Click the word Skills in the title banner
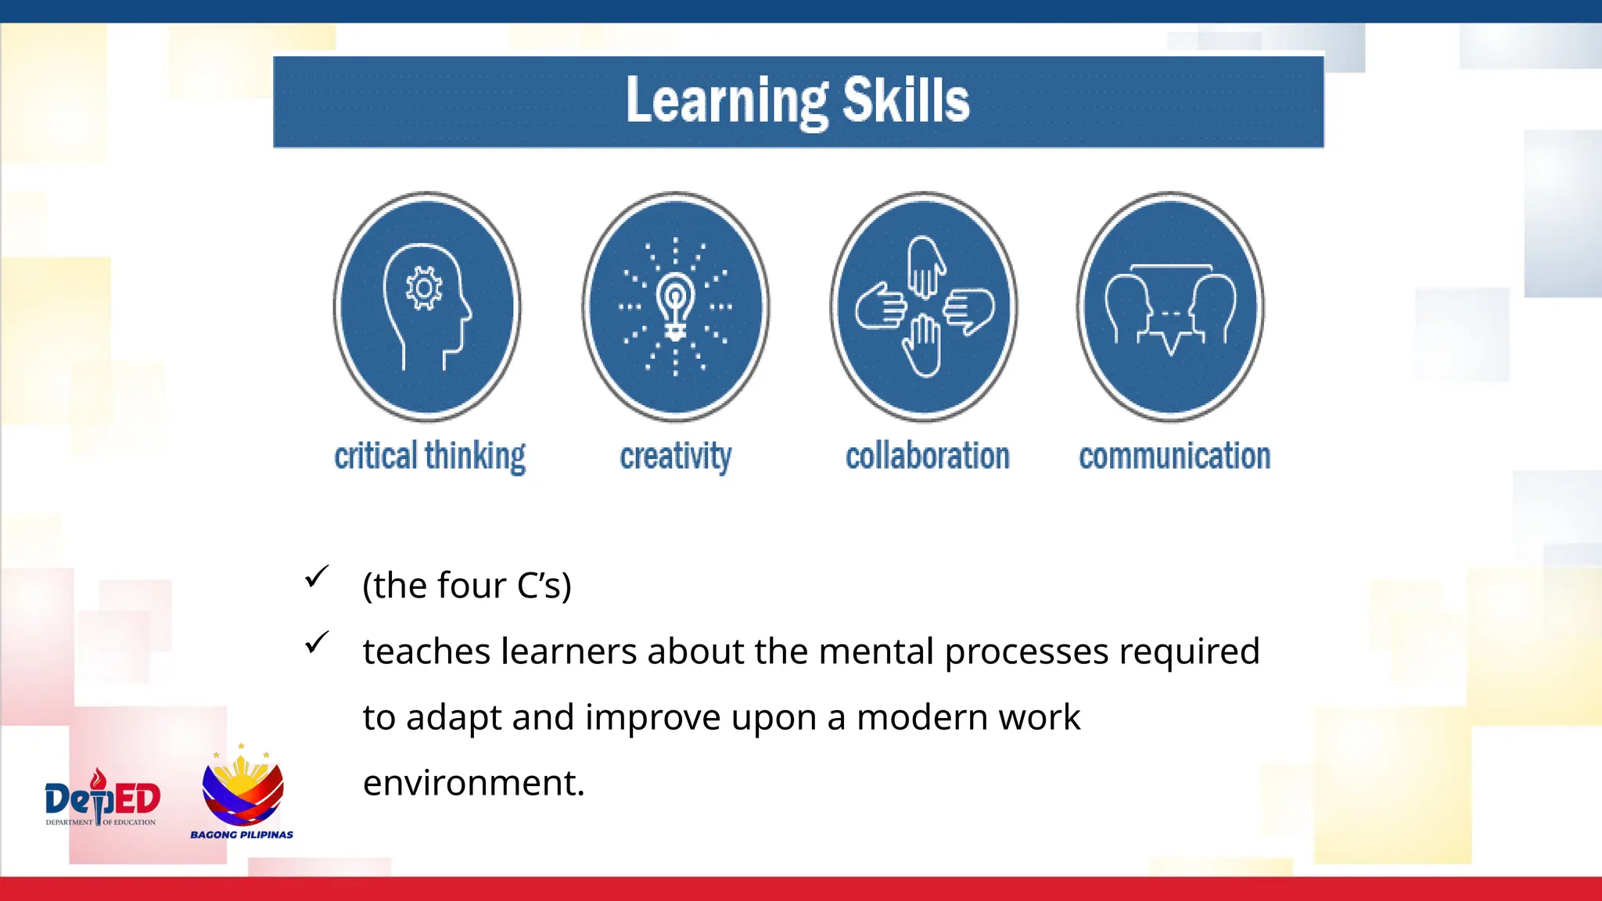coord(906,100)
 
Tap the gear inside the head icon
coord(424,289)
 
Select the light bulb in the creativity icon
coord(675,305)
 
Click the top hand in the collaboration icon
coord(926,267)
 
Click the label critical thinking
coord(429,456)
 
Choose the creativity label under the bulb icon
coord(676,456)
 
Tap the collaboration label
coord(928,456)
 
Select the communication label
coord(1174,456)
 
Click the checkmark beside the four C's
coord(317,577)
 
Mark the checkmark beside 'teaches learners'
coord(317,643)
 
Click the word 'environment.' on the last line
coord(474,783)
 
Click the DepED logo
coord(102,798)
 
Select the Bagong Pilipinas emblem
coord(242,786)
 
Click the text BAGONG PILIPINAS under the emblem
coord(242,835)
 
